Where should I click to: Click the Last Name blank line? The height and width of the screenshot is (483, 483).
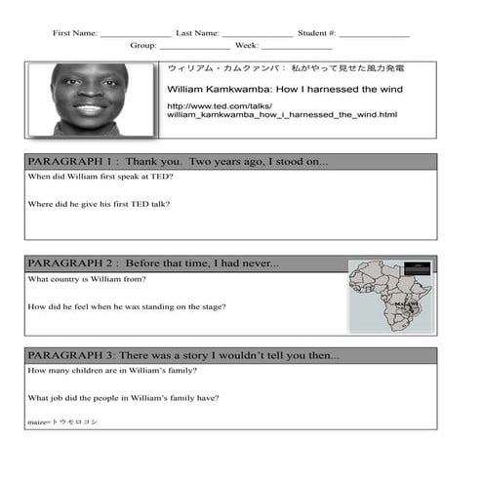[257, 34]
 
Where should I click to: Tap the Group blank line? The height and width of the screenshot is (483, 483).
[195, 47]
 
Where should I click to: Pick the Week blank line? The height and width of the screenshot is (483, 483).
[297, 47]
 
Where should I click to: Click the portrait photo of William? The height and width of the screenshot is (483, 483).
[90, 100]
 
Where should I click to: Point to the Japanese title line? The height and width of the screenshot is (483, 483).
[285, 69]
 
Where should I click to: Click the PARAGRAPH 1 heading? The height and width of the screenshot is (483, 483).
[178, 162]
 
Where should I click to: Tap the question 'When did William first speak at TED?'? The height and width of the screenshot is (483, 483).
[101, 177]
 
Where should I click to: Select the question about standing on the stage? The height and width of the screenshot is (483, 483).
[127, 306]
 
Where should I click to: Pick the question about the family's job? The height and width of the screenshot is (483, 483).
[123, 397]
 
